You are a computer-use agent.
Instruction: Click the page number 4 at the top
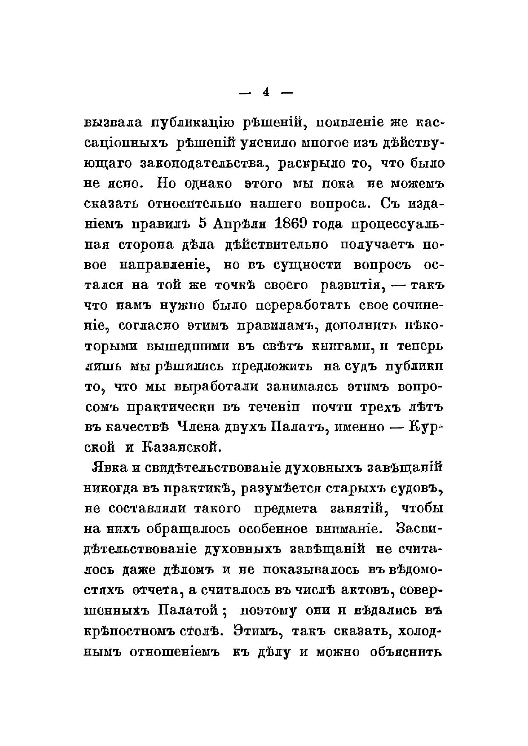(x=266, y=93)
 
